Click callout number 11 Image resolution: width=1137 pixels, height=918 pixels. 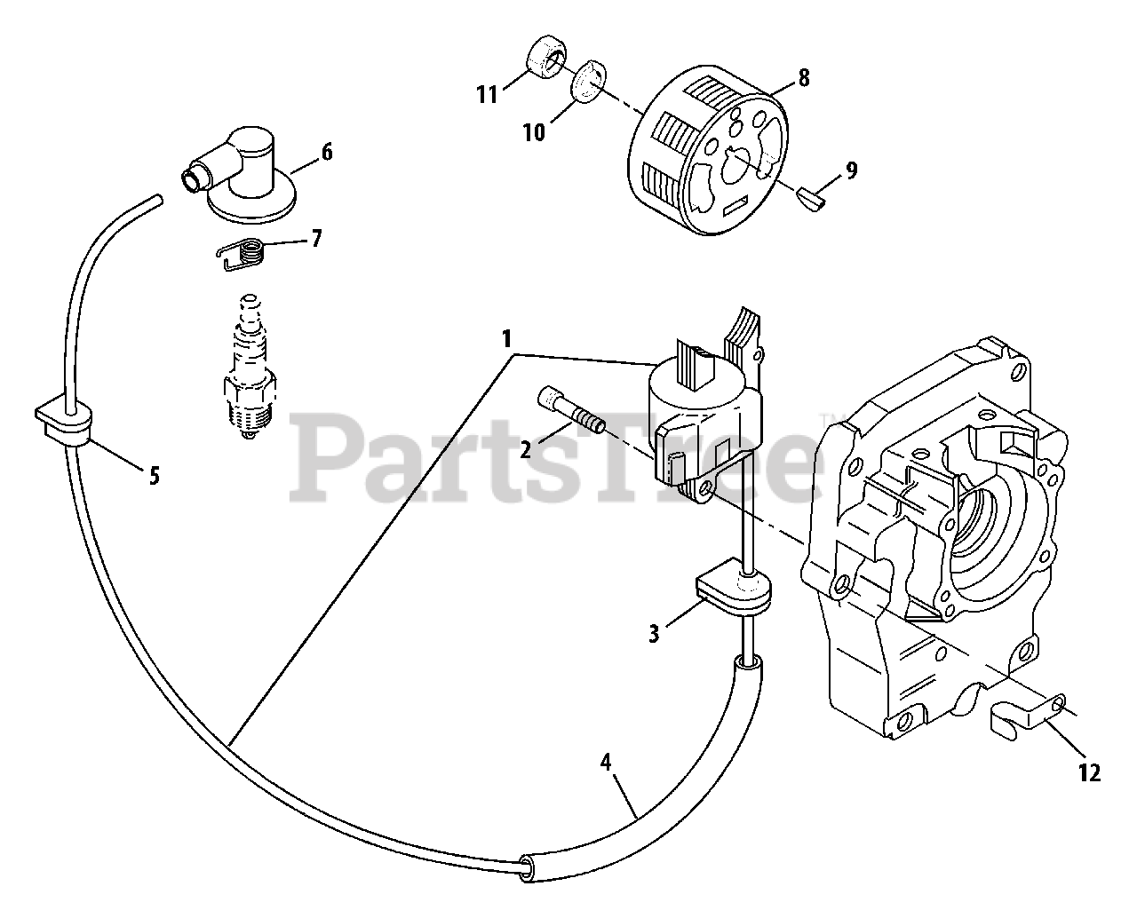click(x=486, y=94)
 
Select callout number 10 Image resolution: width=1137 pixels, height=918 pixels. click(x=534, y=132)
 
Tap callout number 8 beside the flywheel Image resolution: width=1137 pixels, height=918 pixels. click(x=804, y=78)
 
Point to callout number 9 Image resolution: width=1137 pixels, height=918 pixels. click(x=851, y=170)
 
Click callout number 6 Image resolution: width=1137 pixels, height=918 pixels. click(x=327, y=152)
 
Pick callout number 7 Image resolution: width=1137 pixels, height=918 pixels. click(x=317, y=239)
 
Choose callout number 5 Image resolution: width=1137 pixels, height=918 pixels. click(x=154, y=476)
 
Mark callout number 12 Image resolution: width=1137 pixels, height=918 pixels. click(x=1091, y=773)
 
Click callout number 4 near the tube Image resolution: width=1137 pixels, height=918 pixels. click(x=606, y=761)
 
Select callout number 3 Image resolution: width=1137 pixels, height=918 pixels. click(x=654, y=634)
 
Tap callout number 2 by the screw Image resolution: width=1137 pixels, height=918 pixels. click(x=525, y=449)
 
